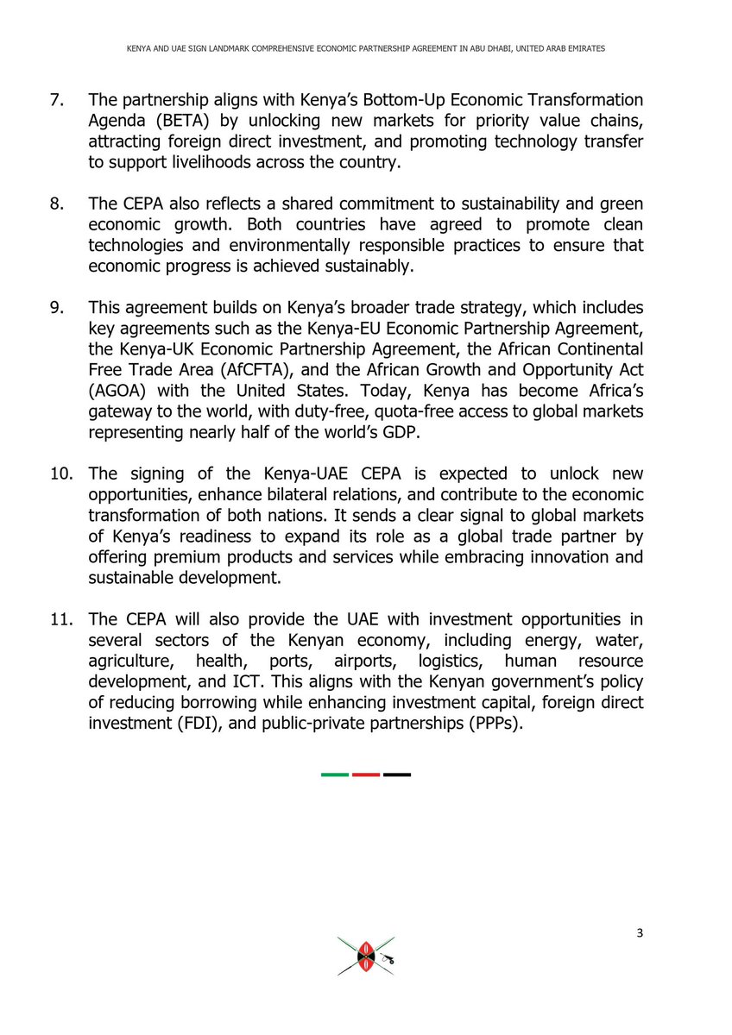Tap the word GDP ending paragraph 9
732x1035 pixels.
pyautogui.click(x=398, y=432)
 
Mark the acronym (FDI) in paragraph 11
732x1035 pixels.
pyautogui.click(x=185, y=722)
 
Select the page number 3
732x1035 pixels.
pyautogui.click(x=639, y=934)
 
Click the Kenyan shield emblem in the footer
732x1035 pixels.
pyautogui.click(x=365, y=957)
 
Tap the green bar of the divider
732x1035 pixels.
pyautogui.click(x=335, y=775)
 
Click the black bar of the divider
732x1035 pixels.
pyautogui.click(x=397, y=775)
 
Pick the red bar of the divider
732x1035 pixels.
pyautogui.click(x=366, y=775)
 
